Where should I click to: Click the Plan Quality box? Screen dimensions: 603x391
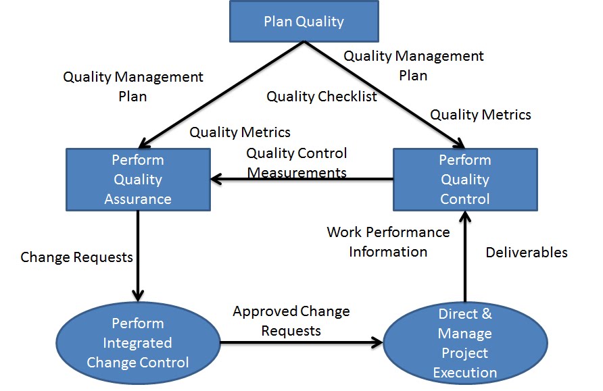(304, 21)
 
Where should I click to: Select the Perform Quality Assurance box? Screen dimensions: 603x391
(138, 180)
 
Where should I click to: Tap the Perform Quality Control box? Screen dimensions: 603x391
(465, 180)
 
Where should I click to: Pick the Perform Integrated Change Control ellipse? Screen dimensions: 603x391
(138, 342)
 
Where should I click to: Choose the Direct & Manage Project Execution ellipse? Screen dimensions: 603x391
(465, 342)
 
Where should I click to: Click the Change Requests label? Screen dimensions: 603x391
(76, 257)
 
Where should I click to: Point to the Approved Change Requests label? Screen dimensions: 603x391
(291, 321)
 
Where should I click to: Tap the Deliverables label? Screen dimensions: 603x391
(527, 253)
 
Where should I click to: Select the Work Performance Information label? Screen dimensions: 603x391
(388, 242)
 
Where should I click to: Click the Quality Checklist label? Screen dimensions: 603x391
(322, 97)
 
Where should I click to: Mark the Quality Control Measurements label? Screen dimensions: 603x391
(297, 163)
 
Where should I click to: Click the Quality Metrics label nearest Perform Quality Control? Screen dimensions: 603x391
(481, 115)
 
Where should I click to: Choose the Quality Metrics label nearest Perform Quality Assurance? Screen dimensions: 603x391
(240, 132)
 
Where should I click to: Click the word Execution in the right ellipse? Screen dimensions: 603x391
(465, 372)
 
